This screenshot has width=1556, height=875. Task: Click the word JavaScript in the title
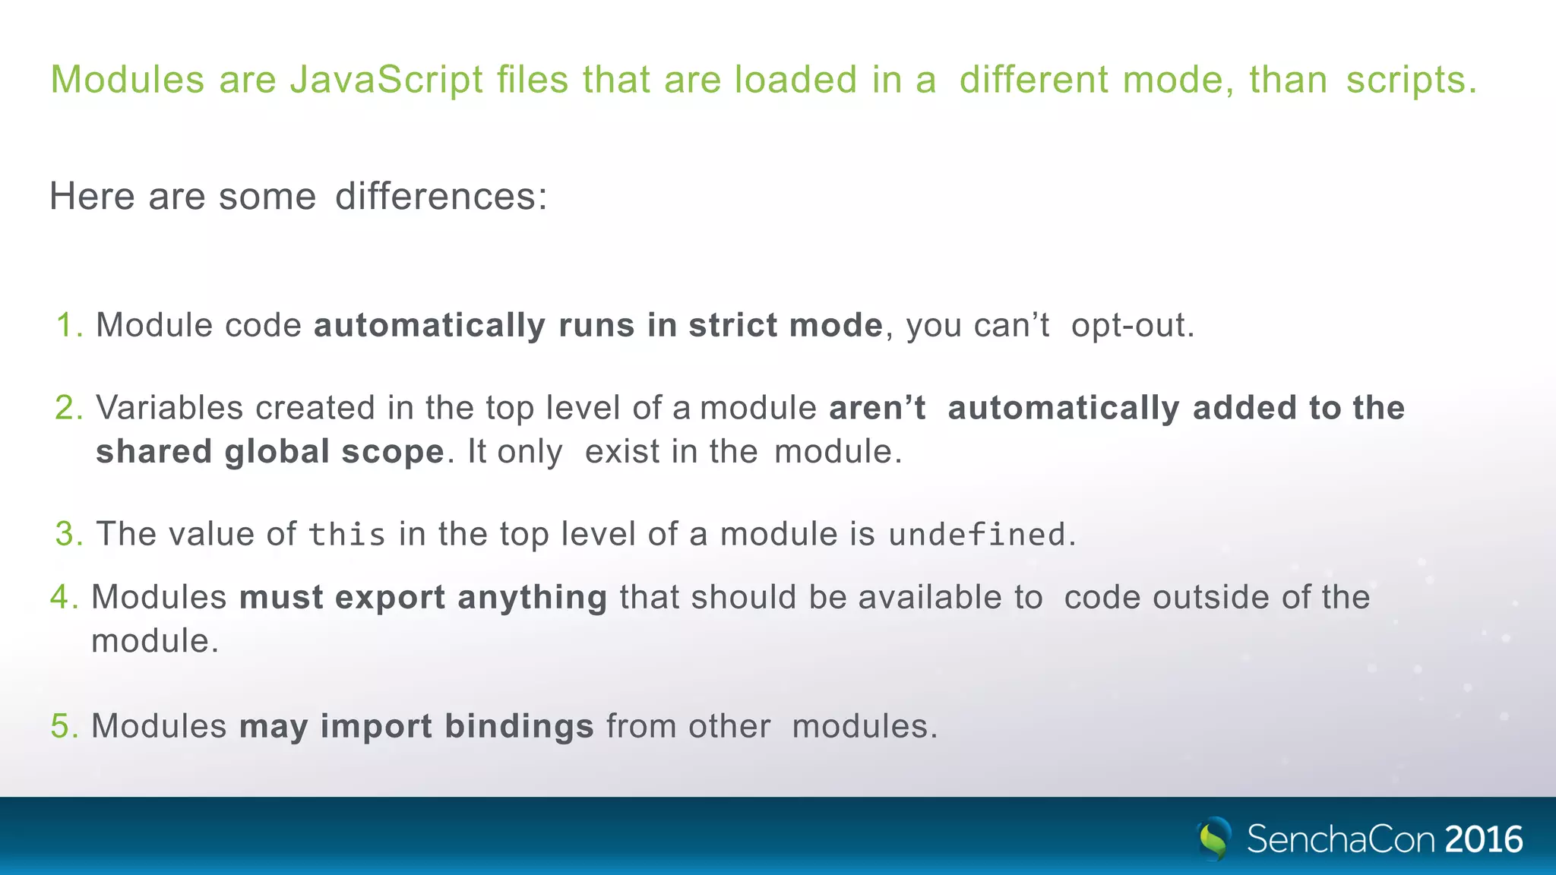point(386,81)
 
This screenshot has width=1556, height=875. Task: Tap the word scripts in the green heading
point(1411,81)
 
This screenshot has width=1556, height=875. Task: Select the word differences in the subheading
point(440,197)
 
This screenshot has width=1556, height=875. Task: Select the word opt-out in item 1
point(1131,325)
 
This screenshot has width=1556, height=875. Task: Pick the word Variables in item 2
point(169,408)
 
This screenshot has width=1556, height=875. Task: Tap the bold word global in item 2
point(277,452)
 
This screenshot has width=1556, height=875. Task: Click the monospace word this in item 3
point(347,535)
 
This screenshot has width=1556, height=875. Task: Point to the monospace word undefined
point(977,535)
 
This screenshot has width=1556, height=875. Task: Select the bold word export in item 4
point(390,597)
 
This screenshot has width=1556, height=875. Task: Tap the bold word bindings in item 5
point(519,726)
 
